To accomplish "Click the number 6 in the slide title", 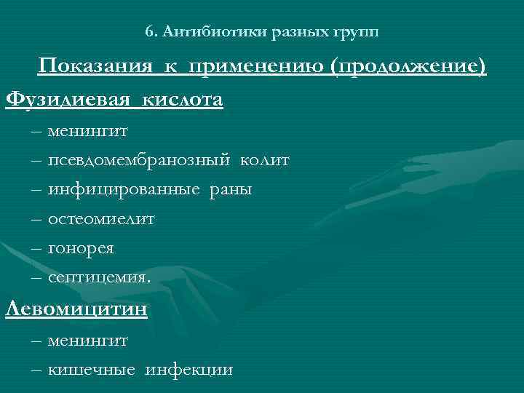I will pos(149,32).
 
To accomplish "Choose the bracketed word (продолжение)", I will pos(408,68).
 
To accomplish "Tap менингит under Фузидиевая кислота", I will pos(88,132).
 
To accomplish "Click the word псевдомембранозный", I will pos(138,160).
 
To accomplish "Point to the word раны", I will pos(231,190).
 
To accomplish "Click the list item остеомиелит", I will pos(101,218).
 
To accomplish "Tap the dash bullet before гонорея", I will pos(36,248).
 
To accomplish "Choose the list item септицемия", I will pos(100,277).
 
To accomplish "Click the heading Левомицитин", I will pos(76,309).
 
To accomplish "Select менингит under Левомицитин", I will pos(88,340).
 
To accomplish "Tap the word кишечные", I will pos(92,370).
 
